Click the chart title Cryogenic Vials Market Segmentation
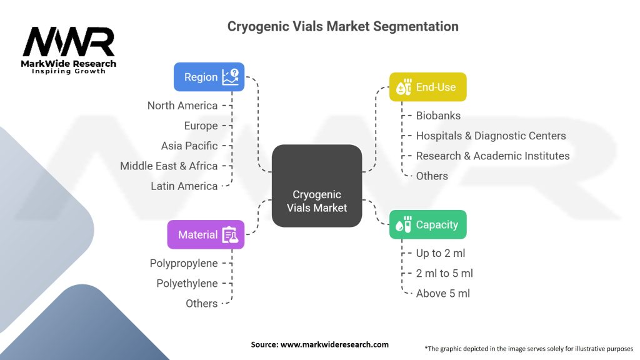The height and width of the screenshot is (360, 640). click(342, 26)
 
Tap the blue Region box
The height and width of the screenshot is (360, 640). click(209, 77)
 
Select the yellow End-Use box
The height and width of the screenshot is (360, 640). click(427, 87)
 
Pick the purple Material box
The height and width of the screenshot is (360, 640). click(206, 235)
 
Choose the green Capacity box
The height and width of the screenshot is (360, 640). click(427, 225)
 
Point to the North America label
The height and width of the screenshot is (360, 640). click(182, 106)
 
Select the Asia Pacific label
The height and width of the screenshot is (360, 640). click(189, 146)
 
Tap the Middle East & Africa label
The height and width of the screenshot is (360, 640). click(169, 166)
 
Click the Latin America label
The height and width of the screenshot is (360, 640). click(184, 186)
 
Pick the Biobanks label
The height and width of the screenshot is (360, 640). click(438, 116)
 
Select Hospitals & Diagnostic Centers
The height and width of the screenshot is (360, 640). click(491, 136)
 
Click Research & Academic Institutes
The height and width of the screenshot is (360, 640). click(492, 156)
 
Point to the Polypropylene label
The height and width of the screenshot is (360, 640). click(184, 263)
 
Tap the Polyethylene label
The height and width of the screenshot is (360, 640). click(187, 283)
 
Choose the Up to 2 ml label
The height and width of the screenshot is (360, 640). click(441, 253)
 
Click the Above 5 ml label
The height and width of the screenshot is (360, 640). click(442, 293)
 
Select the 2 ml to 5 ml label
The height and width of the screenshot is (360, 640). click(444, 273)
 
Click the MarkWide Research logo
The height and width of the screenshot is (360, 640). click(69, 50)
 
